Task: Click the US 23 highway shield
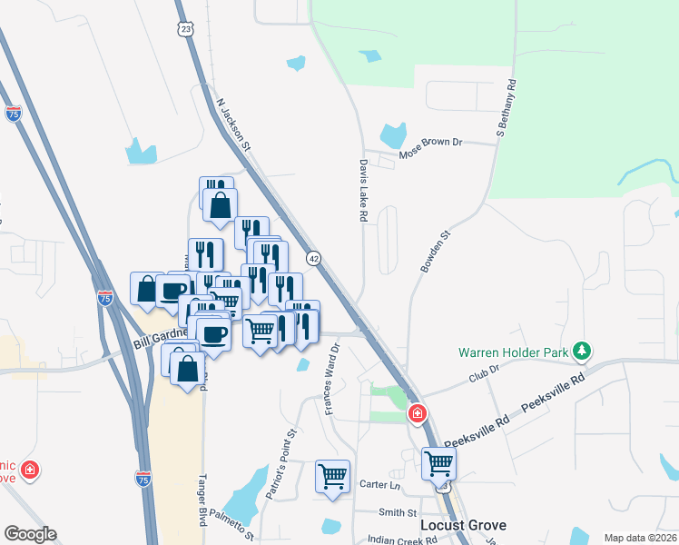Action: click(x=186, y=30)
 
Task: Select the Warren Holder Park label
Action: click(x=513, y=352)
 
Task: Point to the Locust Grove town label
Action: click(x=463, y=525)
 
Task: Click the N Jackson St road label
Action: click(x=233, y=125)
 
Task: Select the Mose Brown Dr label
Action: click(x=431, y=143)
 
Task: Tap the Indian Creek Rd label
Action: click(x=402, y=540)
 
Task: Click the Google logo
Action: click(x=31, y=534)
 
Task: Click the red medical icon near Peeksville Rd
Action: click(x=418, y=415)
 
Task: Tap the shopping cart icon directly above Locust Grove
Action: click(x=439, y=464)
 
